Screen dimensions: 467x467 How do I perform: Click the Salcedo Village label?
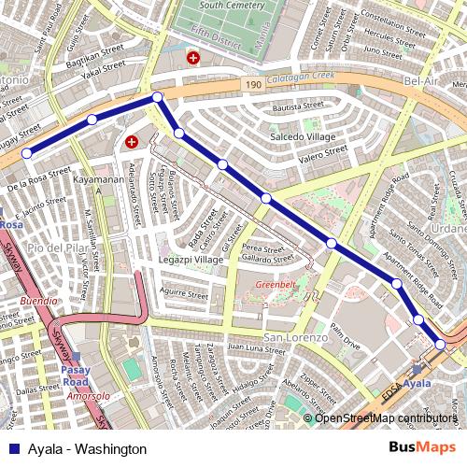[303, 136]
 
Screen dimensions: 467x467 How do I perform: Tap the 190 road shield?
[253, 85]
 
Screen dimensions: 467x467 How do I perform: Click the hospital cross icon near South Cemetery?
[193, 58]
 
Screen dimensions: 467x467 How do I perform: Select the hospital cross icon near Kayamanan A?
[132, 142]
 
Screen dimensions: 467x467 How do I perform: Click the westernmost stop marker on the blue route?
[27, 153]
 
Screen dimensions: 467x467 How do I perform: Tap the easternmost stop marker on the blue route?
[440, 345]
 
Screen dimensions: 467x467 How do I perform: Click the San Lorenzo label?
[294, 336]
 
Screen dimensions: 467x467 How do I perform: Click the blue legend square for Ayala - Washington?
[13, 448]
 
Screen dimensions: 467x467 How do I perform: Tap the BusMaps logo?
[421, 447]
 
